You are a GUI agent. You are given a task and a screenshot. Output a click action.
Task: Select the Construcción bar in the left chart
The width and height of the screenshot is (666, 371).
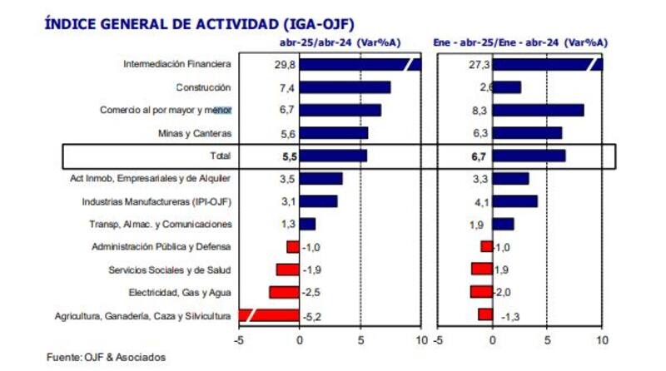345,87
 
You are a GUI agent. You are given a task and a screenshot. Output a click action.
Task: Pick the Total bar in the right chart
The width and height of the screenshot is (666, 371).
529,156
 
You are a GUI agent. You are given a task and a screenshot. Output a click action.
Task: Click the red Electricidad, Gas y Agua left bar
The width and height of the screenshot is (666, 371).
284,292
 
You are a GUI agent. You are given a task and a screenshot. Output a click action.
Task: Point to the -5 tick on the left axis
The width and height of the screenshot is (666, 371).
238,339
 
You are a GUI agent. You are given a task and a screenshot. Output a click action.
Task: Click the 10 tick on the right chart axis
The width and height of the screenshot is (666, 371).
602,339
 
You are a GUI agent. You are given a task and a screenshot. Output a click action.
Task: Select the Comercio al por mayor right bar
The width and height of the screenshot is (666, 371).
538,110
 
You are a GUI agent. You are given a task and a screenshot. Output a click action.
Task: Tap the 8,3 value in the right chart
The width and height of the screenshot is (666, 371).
480,110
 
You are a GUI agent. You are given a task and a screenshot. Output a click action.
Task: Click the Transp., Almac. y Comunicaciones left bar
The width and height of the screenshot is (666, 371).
307,224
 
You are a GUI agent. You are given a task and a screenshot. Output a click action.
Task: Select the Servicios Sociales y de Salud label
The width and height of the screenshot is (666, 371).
170,270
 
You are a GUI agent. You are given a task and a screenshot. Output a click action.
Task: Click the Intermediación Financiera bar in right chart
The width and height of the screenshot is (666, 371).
546,64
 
